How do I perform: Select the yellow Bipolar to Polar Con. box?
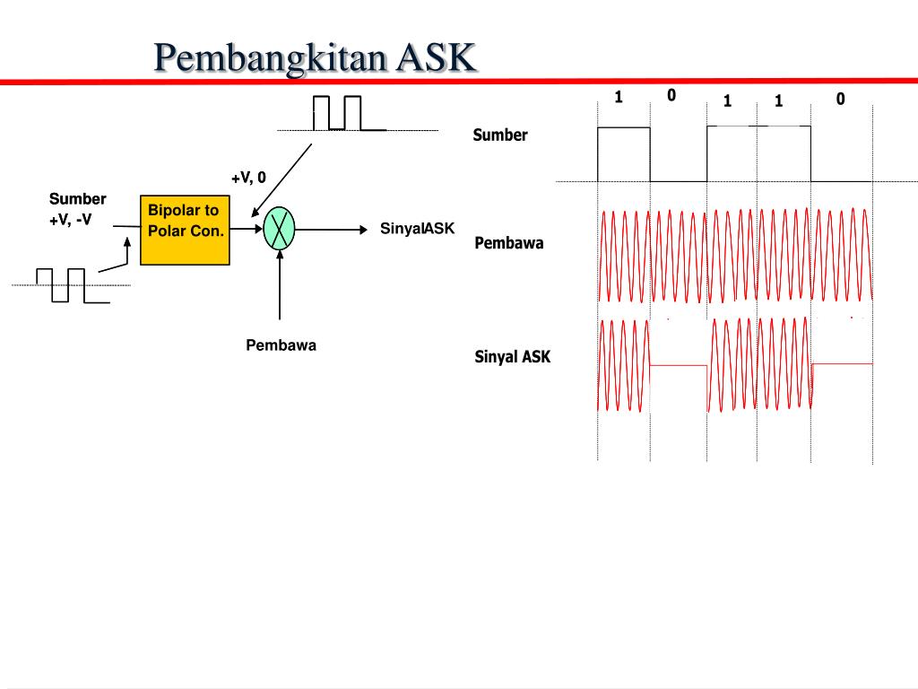(185, 231)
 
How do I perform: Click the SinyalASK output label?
(417, 229)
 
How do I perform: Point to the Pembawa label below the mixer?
(281, 344)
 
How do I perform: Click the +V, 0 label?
(248, 178)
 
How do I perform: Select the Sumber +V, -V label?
(77, 209)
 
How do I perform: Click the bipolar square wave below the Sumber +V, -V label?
(61, 285)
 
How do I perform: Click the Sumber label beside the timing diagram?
(500, 135)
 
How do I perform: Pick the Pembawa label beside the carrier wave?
(508, 243)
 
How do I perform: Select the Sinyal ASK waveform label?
(512, 357)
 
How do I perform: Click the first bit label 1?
(619, 97)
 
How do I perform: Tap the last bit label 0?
(840, 99)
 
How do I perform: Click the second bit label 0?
(671, 95)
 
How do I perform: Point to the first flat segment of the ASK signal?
(679, 365)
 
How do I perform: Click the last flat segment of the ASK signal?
(842, 363)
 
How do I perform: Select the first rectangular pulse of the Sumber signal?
(624, 153)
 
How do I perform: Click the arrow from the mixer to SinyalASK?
(332, 229)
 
